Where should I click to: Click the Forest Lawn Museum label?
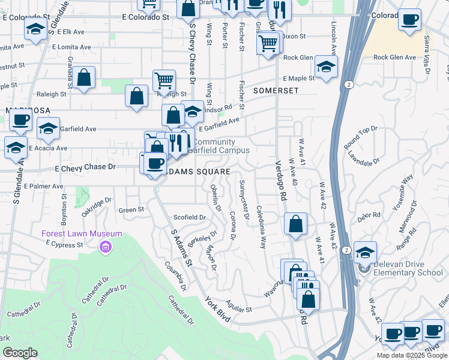click(82, 234)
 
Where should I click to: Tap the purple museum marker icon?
click(106, 247)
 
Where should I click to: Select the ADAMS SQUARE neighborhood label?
click(197, 172)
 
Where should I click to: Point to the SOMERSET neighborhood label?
click(276, 90)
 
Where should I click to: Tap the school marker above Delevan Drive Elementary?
click(364, 252)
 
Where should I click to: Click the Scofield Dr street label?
click(189, 217)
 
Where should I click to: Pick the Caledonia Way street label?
click(262, 227)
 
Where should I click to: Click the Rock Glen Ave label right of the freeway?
click(394, 58)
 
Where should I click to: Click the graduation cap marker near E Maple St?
click(326, 67)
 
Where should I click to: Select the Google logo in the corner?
click(20, 353)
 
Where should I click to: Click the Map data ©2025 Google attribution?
click(411, 355)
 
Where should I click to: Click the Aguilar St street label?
click(239, 308)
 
